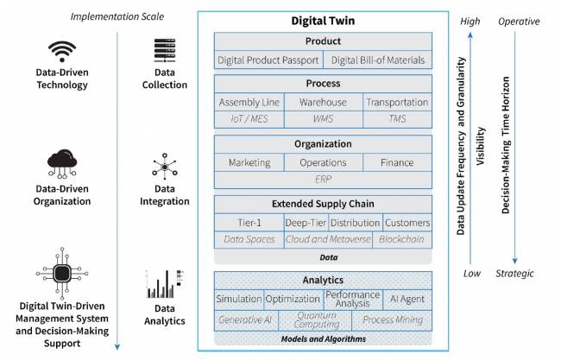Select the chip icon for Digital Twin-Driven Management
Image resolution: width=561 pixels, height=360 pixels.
pos(61,272)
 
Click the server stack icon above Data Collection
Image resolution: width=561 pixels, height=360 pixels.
pos(165,51)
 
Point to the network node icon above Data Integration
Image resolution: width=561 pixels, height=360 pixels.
pos(165,167)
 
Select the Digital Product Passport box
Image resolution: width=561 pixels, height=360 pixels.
pos(268,60)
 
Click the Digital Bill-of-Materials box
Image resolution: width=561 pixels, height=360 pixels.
pos(378,60)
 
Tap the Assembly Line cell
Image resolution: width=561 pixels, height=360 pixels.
pos(250,103)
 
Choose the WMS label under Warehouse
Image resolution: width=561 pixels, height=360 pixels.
pos(323,118)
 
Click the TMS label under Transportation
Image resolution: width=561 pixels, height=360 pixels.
pos(397,118)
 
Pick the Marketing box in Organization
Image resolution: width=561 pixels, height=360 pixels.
pos(249,162)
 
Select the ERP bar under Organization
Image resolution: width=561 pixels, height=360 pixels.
pos(323,179)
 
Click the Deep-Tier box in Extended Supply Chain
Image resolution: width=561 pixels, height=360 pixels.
pos(306,222)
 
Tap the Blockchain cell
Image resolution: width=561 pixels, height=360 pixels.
pos(401,238)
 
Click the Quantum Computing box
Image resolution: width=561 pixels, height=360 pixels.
pos(315,320)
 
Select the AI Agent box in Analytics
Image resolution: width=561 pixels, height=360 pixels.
pos(407,298)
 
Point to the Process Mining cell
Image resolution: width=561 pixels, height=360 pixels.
pos(393,320)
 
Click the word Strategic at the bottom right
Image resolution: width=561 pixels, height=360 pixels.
pos(514,273)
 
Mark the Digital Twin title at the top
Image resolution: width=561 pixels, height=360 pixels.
pos(324,21)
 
